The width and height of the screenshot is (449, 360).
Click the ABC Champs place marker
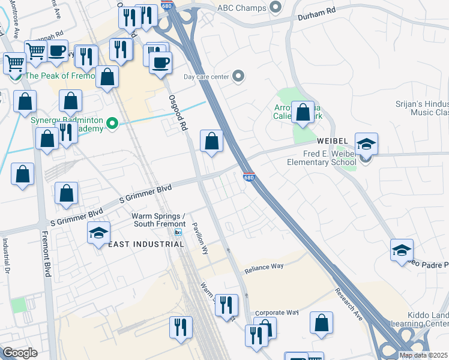tap(276, 7)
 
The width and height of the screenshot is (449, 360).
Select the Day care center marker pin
tap(238, 76)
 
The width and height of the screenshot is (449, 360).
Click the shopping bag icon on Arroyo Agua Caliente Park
tap(303, 112)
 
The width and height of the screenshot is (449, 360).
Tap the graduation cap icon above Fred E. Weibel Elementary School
tap(366, 144)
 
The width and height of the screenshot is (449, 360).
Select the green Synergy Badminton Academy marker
tap(111, 124)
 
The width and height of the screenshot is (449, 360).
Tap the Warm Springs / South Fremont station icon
tap(178, 232)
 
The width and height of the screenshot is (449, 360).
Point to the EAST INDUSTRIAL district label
tap(140, 244)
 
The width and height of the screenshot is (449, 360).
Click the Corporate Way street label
tap(277, 313)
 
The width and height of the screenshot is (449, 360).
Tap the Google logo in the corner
tap(20, 352)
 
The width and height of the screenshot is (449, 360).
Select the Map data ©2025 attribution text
tap(423, 355)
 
